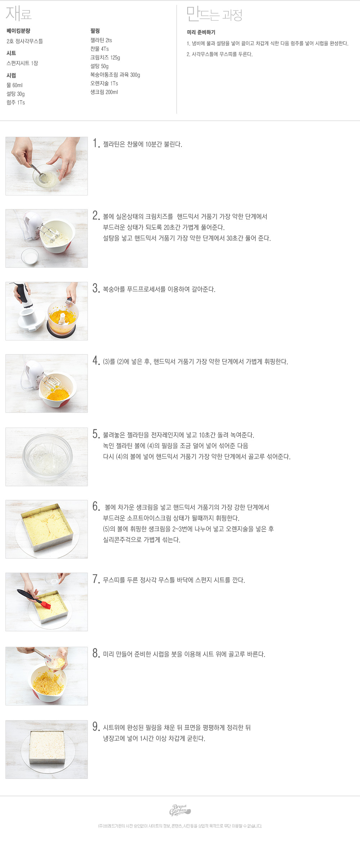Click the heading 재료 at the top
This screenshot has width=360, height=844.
(x=19, y=14)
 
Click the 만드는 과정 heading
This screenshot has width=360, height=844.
(x=214, y=14)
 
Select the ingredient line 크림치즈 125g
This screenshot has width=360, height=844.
(x=105, y=58)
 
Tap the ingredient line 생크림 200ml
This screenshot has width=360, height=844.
(x=104, y=92)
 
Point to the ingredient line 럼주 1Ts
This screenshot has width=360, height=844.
(x=16, y=103)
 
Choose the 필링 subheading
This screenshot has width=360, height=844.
(x=95, y=31)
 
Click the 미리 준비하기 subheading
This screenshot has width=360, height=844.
(x=201, y=32)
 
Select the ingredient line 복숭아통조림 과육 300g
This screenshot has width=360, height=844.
(x=115, y=75)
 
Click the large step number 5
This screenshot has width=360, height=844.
(x=96, y=434)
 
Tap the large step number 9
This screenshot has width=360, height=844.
(x=96, y=727)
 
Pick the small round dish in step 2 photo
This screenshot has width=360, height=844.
(x=30, y=257)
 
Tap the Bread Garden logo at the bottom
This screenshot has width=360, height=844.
(x=180, y=810)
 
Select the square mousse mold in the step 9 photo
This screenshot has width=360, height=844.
(x=47, y=750)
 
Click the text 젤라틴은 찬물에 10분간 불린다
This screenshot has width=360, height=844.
(x=143, y=144)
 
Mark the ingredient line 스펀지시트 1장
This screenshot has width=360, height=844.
(x=22, y=63)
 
